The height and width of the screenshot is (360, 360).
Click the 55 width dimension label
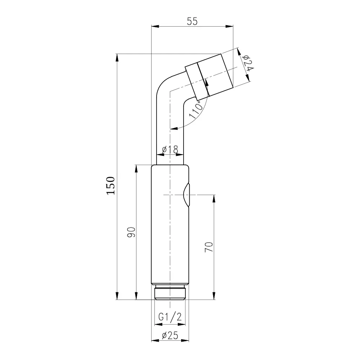point(192,21)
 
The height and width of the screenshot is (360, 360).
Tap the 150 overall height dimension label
point(111,186)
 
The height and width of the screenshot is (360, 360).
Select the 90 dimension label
point(131,232)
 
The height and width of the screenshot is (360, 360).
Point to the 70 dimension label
point(209,247)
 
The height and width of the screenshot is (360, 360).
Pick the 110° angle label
point(195,110)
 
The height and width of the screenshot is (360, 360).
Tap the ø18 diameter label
point(170,150)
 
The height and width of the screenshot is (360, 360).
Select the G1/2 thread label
point(170,317)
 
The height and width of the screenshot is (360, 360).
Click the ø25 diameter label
point(170,336)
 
